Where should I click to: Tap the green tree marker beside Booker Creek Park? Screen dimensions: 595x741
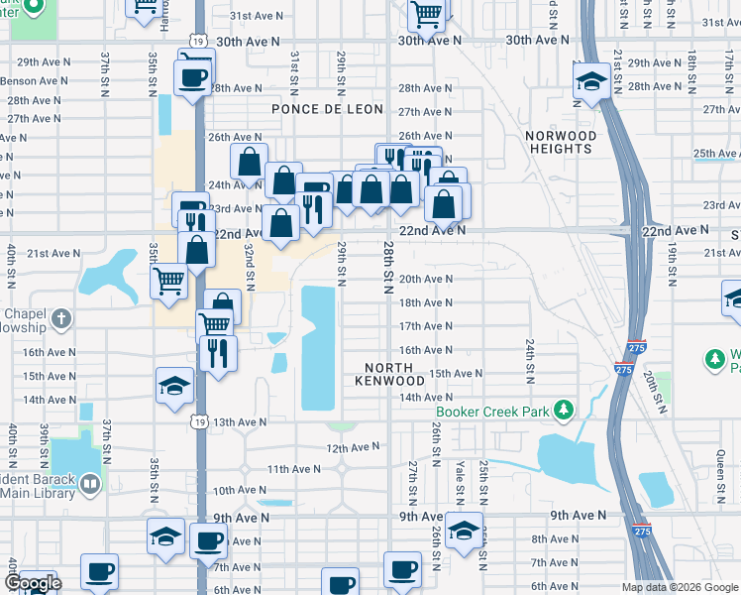(564, 409)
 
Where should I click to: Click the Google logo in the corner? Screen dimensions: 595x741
(33, 583)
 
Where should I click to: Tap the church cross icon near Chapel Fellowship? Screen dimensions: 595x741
(60, 318)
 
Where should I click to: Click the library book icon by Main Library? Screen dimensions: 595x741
(90, 484)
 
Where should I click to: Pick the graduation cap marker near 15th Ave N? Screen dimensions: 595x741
(174, 384)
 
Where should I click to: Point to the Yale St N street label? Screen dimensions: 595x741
(459, 478)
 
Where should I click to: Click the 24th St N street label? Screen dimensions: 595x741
(530, 357)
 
